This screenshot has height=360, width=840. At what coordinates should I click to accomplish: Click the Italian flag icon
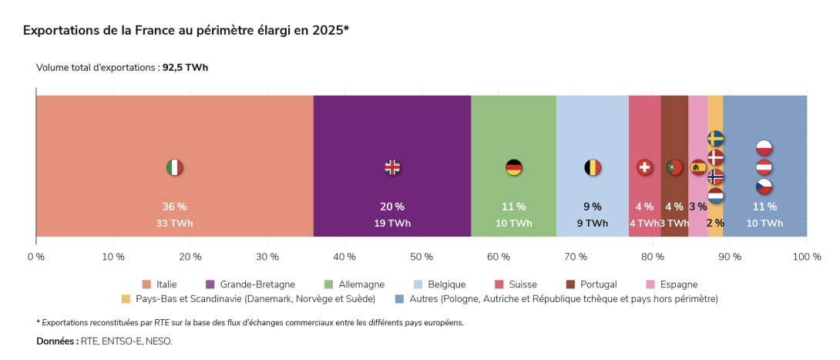tap(175, 167)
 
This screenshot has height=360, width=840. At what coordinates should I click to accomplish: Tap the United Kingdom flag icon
tap(392, 167)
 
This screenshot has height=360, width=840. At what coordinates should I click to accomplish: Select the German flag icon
tap(514, 167)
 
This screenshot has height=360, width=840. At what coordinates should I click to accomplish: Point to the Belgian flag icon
tap(593, 167)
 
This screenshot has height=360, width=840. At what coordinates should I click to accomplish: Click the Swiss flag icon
tap(644, 167)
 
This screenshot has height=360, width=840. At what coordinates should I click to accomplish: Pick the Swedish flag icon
tap(715, 139)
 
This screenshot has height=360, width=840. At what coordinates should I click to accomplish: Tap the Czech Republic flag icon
tap(764, 187)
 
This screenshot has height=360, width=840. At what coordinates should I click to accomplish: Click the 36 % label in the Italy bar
tap(174, 207)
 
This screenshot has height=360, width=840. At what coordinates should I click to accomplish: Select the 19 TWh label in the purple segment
tap(392, 224)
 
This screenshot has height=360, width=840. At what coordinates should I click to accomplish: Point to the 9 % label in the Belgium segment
tap(593, 207)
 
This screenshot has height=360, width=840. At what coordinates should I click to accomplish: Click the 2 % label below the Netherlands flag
tap(715, 224)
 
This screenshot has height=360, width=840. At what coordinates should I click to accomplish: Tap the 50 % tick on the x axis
tap(422, 256)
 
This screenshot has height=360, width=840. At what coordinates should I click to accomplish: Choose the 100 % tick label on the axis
tap(806, 256)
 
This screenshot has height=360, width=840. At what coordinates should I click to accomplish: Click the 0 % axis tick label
tap(36, 256)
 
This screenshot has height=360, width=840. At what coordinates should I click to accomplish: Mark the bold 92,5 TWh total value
tap(185, 68)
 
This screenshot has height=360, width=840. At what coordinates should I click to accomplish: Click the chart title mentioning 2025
tap(186, 30)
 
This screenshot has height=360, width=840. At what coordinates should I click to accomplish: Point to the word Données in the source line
tap(56, 341)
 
